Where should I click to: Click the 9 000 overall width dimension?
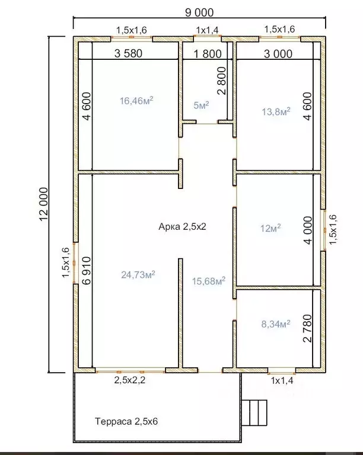point(199,12)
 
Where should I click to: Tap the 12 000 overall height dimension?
point(43,204)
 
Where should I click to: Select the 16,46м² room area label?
point(136,101)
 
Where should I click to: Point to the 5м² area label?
point(201,105)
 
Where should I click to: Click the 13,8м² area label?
point(276,111)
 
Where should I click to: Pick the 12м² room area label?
point(270,228)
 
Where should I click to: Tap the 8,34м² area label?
point(276,324)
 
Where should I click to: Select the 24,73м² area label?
point(138,274)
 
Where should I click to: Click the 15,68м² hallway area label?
point(209,281)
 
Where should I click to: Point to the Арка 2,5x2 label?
point(182,226)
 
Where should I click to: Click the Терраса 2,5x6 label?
point(126,421)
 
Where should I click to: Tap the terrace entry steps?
point(254,412)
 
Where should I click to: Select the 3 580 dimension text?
point(128,53)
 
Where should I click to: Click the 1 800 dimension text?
point(208,54)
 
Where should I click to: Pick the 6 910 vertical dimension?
point(87,270)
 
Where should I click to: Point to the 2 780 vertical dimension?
point(307,328)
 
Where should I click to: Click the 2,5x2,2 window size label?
point(129,380)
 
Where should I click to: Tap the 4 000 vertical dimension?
point(308,230)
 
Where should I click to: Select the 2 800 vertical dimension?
point(221,81)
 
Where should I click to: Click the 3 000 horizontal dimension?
point(278,54)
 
